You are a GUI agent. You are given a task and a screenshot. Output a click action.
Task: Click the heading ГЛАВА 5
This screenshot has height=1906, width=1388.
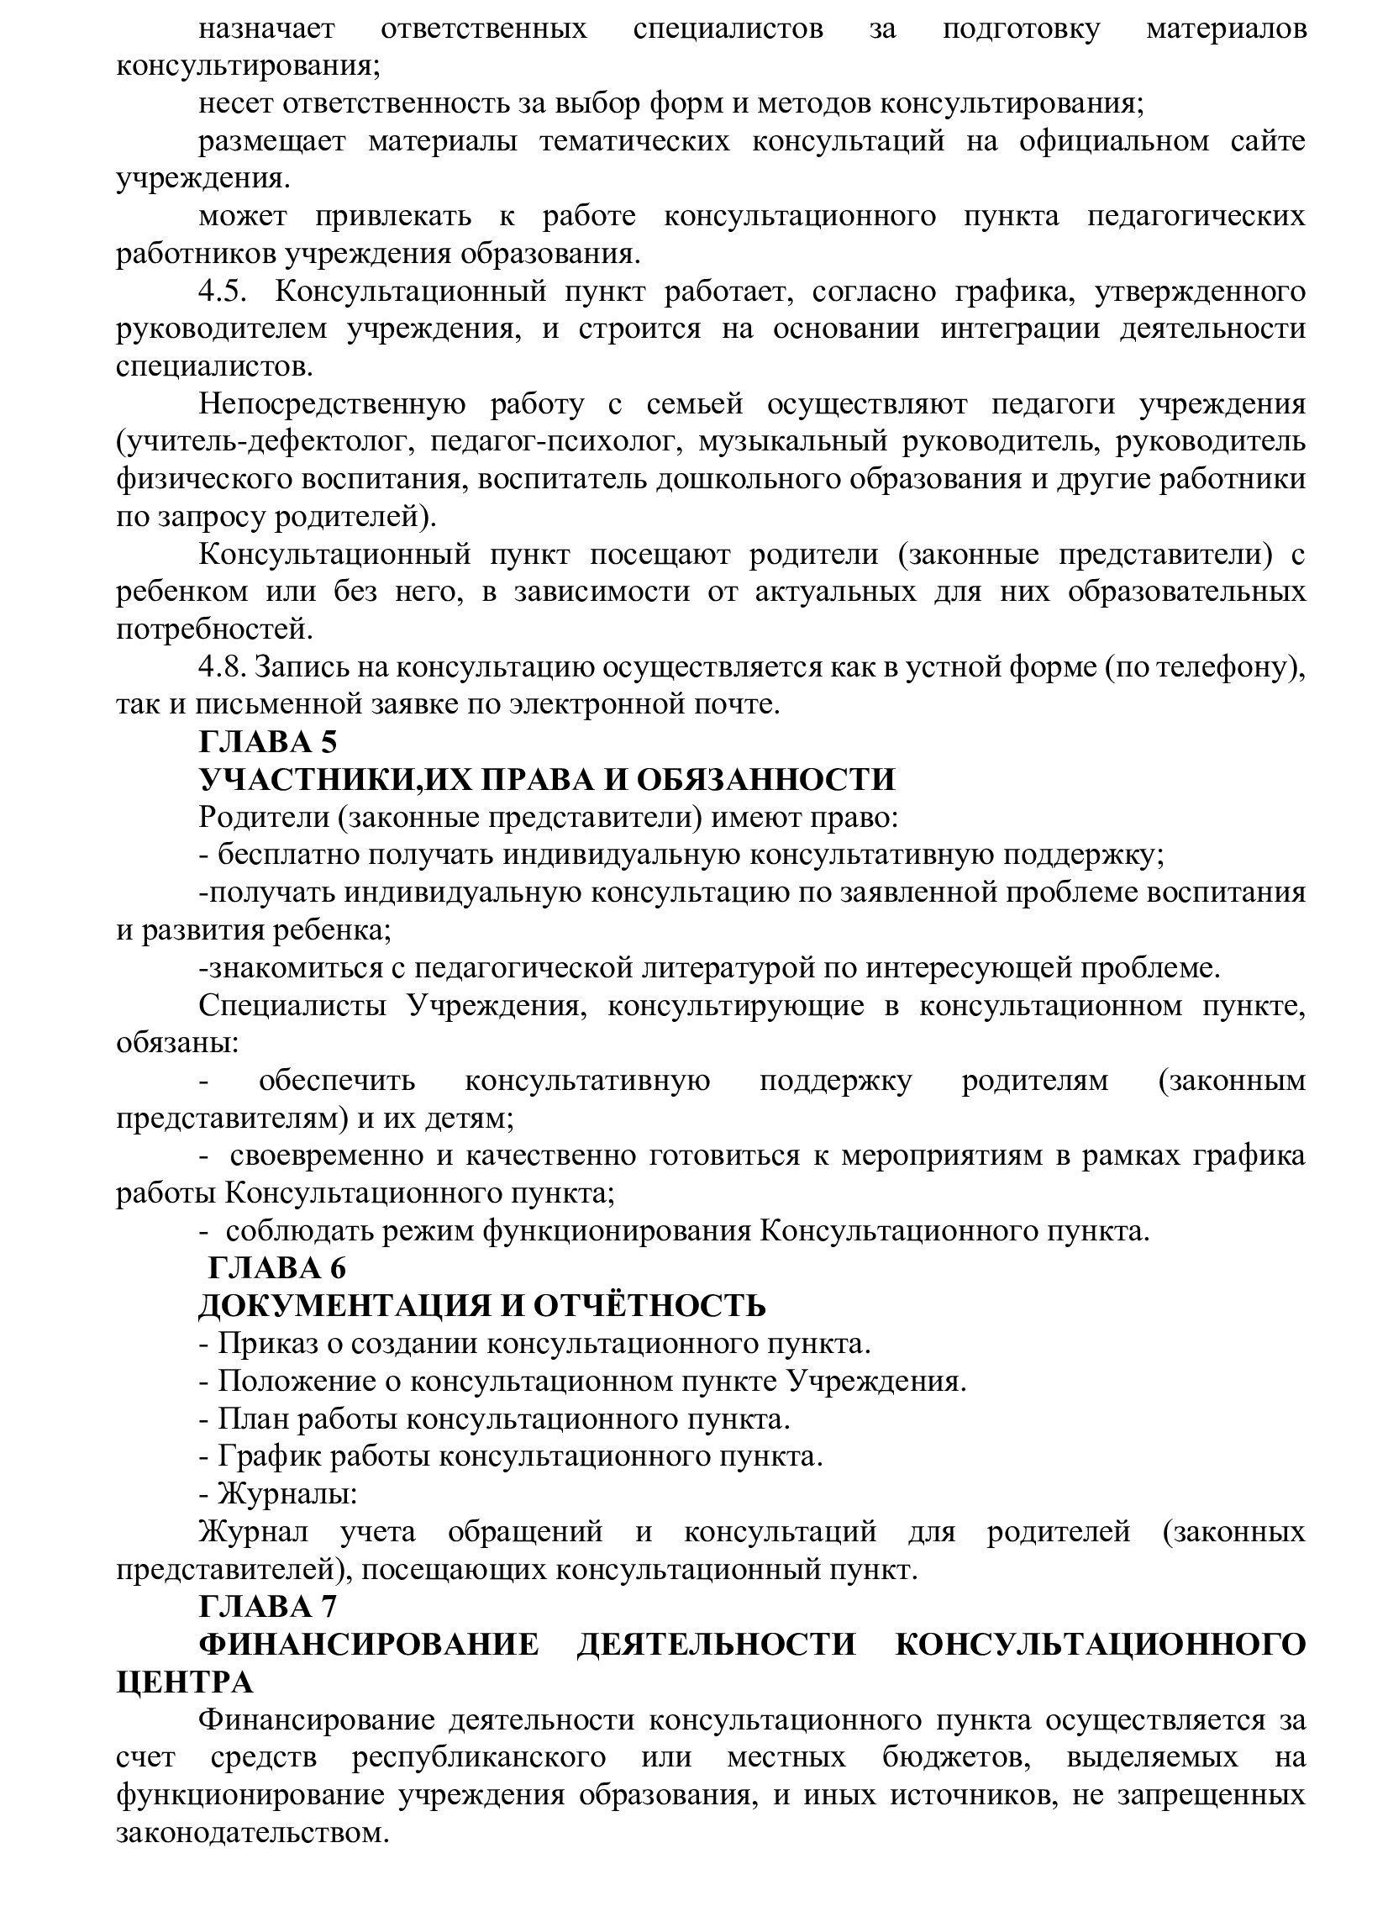(x=268, y=742)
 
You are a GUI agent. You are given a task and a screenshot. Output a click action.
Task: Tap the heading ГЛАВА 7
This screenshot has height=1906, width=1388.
(x=268, y=1606)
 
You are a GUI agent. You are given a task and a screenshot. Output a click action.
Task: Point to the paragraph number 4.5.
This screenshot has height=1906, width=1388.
(x=223, y=292)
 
